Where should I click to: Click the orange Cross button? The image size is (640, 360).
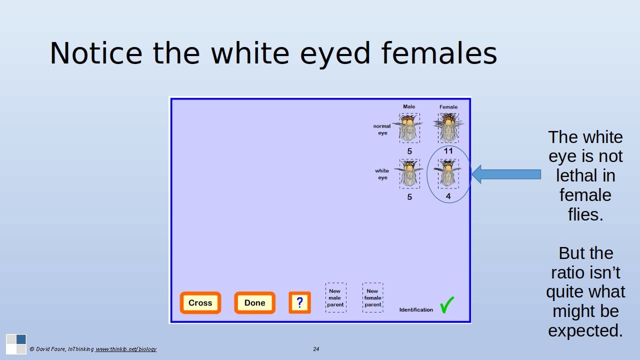coord(200,302)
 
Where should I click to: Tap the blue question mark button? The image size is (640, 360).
coord(299,302)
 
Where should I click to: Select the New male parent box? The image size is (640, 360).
coord(335,297)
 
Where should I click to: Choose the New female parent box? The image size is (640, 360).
coord(373,297)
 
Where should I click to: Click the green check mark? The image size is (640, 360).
coord(447,305)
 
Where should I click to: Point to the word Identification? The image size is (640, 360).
coord(416,309)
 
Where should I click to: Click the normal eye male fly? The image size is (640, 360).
coord(409,127)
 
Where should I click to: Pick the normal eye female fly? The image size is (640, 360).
coord(448,127)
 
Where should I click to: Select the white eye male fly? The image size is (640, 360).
coord(409,173)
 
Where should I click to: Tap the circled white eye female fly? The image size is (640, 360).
coord(448,173)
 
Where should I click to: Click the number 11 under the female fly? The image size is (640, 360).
coord(448,151)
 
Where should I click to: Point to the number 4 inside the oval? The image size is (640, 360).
coord(448,196)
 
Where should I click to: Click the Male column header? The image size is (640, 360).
coord(409,106)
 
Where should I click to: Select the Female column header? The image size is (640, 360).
coord(448,107)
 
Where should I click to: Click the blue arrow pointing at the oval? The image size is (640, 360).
coord(506,174)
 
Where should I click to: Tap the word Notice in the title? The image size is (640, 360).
coord(96,53)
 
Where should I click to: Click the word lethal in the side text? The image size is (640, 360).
coord(585,175)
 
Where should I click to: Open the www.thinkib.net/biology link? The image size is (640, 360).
coord(126,349)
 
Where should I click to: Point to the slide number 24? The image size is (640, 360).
coord(316,349)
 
